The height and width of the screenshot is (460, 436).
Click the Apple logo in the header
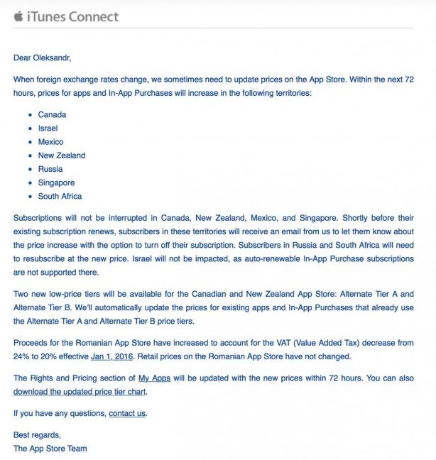18,16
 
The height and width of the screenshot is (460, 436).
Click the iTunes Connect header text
72,16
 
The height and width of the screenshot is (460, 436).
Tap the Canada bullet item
52,114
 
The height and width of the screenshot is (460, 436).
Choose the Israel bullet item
48,128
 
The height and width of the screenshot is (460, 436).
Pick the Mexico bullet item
50,141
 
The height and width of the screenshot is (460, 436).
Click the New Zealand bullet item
61,155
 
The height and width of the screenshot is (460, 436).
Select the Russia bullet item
50,169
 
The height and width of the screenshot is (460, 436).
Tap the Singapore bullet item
56,182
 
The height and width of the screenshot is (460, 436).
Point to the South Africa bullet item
60,196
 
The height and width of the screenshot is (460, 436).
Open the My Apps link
155,378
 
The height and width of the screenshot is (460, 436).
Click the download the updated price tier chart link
80,391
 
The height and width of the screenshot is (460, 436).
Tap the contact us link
127,413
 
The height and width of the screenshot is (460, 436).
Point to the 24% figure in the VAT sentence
22,356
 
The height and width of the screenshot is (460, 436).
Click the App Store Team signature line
50,449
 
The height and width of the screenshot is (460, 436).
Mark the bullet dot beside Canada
29,115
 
